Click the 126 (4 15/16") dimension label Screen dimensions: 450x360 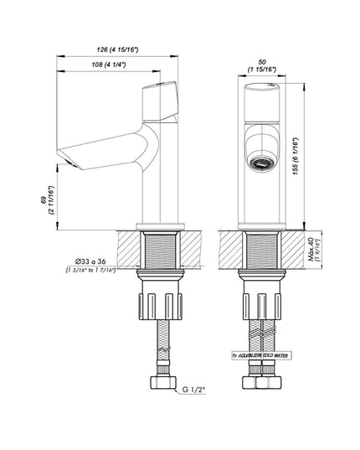pos(120,49)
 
